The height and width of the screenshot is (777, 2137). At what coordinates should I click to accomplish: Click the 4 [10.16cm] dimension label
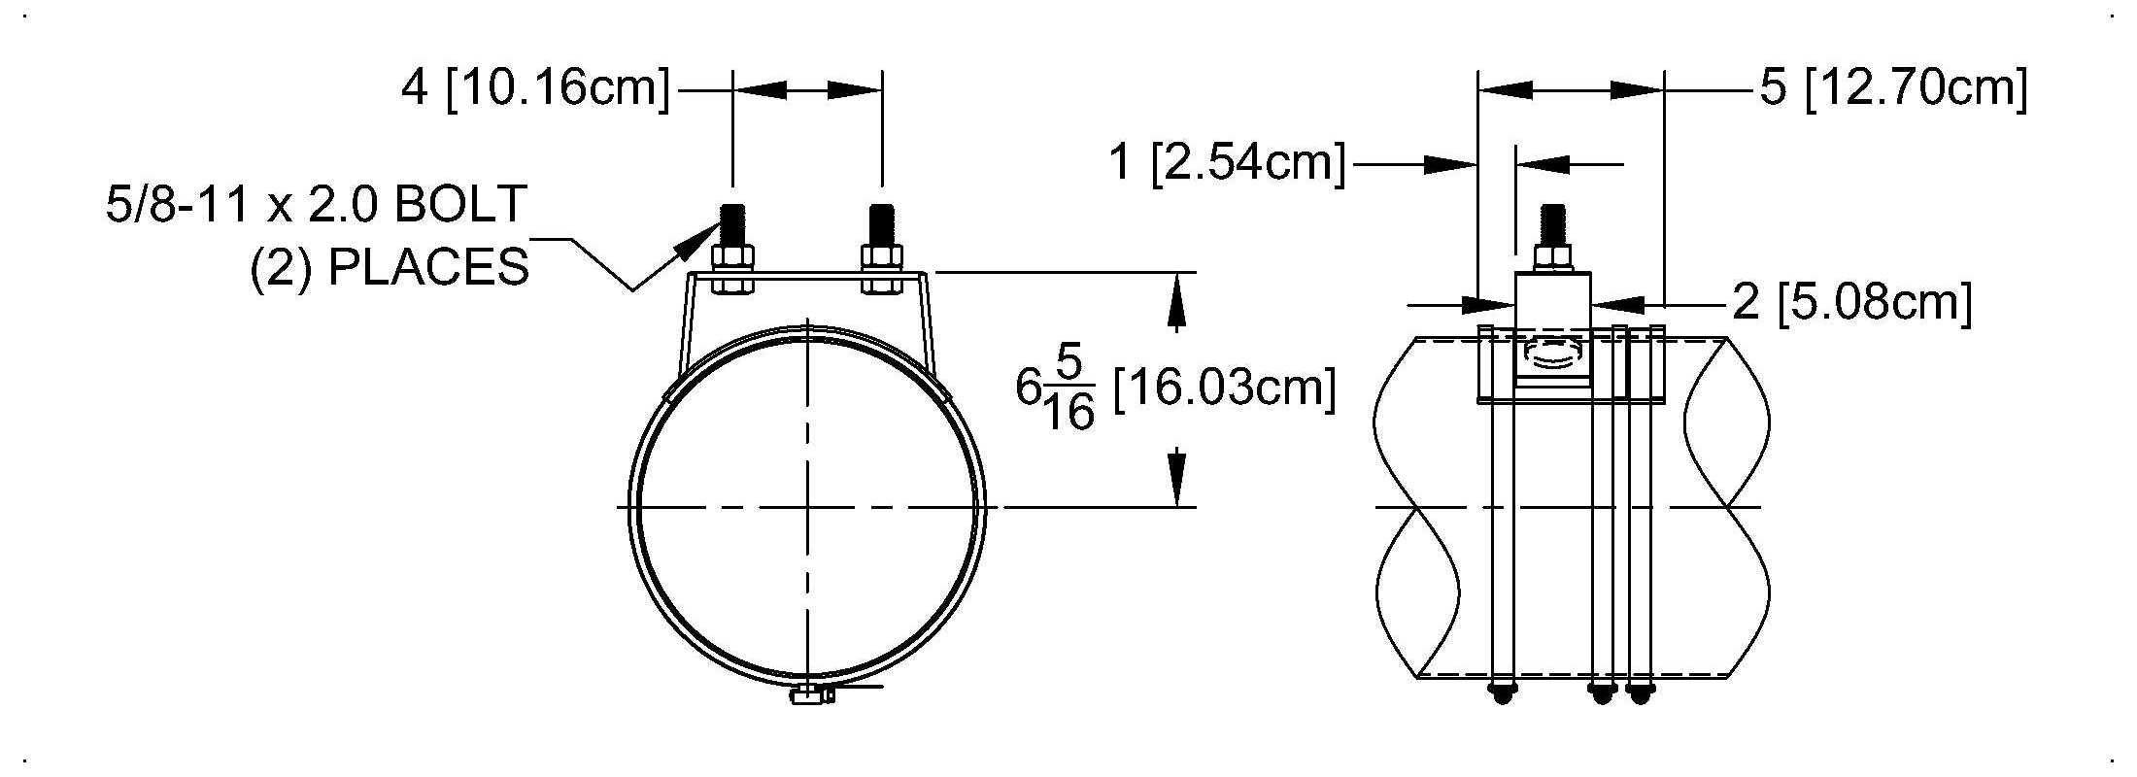[535, 88]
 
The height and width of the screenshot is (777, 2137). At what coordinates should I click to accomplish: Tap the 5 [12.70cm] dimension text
[1894, 88]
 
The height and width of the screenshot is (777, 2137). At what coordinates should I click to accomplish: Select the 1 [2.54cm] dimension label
[1228, 162]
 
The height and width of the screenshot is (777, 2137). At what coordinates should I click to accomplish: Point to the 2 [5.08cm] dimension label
[1852, 302]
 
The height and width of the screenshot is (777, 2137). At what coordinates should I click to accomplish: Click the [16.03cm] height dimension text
[1224, 388]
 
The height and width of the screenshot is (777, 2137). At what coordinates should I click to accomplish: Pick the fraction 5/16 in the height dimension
[1068, 388]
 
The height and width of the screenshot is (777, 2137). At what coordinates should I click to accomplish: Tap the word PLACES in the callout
[428, 267]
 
